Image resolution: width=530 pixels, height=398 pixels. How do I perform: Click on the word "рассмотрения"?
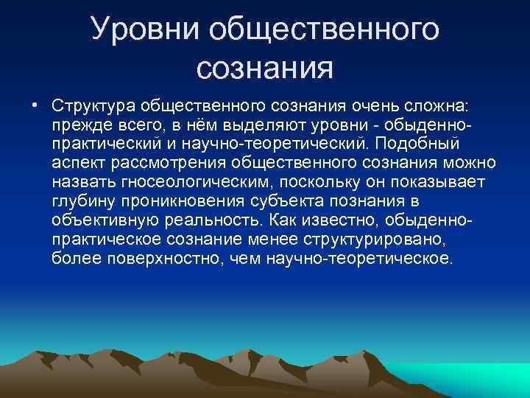coord(163,161)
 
